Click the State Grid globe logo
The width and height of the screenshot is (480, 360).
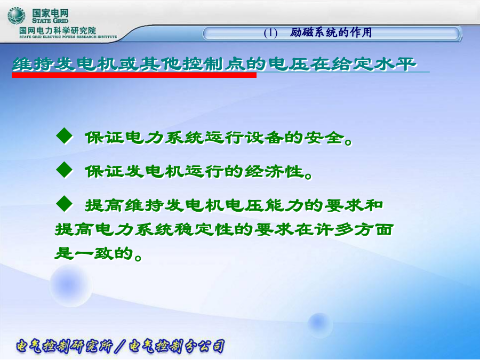(x=17, y=16)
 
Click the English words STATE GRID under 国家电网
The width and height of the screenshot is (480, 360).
(x=50, y=21)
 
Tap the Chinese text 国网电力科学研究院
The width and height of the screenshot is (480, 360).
(x=58, y=30)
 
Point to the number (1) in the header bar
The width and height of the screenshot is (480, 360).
(x=270, y=33)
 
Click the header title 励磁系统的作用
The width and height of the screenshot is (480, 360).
(x=331, y=33)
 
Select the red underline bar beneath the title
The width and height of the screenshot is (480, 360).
(x=134, y=75)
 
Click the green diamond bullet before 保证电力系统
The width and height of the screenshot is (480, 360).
(x=65, y=135)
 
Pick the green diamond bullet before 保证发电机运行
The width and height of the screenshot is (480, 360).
(x=65, y=170)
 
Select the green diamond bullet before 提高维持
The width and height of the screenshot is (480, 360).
(x=65, y=204)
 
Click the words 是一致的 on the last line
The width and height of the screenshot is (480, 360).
(x=94, y=253)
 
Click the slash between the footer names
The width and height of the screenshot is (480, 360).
(x=121, y=346)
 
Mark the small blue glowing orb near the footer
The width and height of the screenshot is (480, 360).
(x=319, y=324)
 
